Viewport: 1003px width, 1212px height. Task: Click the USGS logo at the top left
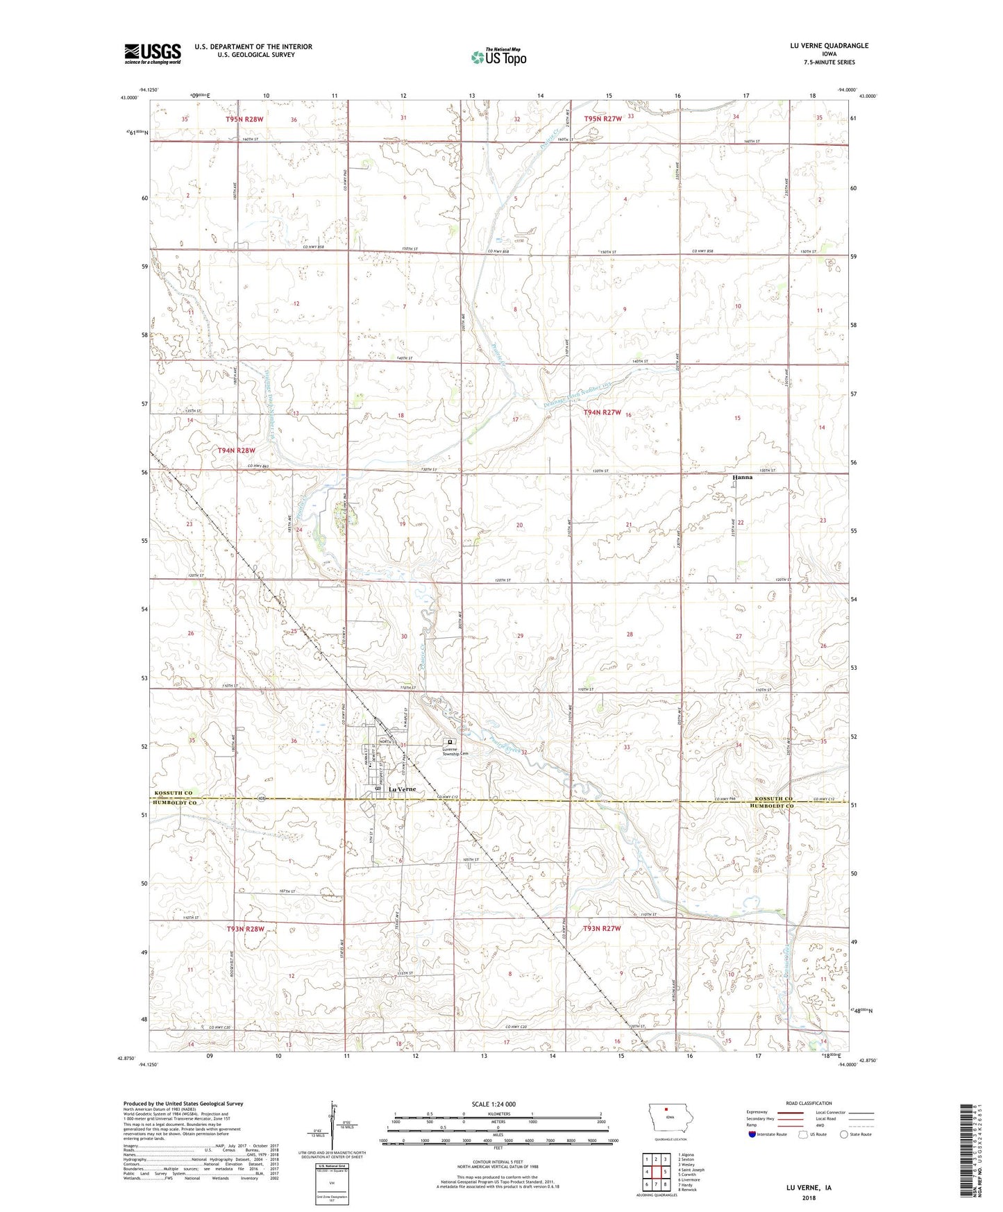pyautogui.click(x=152, y=53)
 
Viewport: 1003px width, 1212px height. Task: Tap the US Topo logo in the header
pyautogui.click(x=498, y=56)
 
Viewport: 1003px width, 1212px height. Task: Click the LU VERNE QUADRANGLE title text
pyautogui.click(x=829, y=46)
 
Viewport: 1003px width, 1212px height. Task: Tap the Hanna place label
pyautogui.click(x=742, y=478)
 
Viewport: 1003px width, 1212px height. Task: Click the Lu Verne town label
pyautogui.click(x=402, y=790)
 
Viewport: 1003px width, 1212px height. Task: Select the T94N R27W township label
pyautogui.click(x=602, y=412)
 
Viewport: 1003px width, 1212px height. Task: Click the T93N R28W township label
pyautogui.click(x=246, y=929)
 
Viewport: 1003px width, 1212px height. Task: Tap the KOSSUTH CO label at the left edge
pyautogui.click(x=174, y=793)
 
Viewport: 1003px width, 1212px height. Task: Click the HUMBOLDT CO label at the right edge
pyautogui.click(x=771, y=806)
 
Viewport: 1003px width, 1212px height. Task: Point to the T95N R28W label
pyautogui.click(x=244, y=119)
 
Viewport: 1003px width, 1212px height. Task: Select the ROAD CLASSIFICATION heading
pyautogui.click(x=809, y=1103)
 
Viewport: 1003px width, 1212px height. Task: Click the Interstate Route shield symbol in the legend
pyautogui.click(x=752, y=1134)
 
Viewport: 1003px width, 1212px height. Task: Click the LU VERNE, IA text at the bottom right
pyautogui.click(x=809, y=1188)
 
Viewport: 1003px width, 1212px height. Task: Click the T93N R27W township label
pyautogui.click(x=602, y=929)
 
